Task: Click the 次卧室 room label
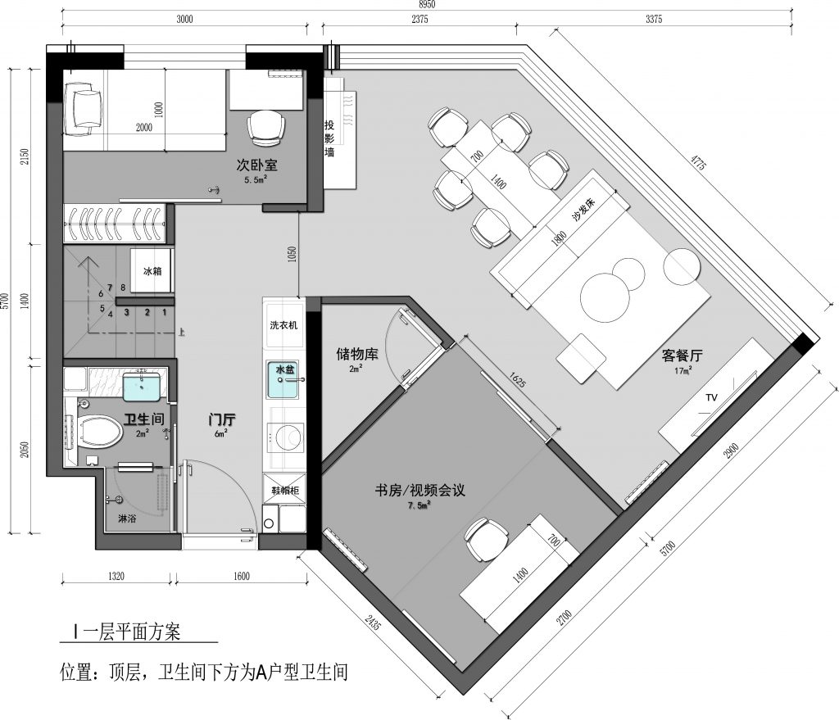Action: (256, 165)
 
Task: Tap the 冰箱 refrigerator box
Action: (152, 270)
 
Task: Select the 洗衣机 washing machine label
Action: (283, 324)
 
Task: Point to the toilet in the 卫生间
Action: (101, 432)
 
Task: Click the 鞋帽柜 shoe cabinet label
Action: (285, 490)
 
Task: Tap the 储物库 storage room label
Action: (357, 354)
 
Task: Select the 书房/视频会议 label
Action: (420, 490)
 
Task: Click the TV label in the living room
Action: (711, 397)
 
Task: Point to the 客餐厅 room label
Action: (683, 355)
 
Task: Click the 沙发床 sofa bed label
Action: (583, 210)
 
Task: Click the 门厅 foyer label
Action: (222, 420)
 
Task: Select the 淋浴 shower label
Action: (127, 518)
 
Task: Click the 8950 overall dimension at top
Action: (426, 4)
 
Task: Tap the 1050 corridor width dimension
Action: (292, 254)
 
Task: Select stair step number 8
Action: (123, 288)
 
